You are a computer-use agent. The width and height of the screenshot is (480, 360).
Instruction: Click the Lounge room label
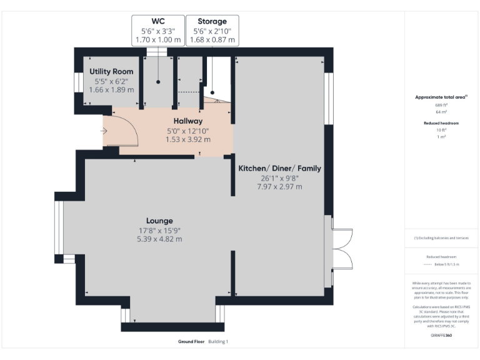point(160,221)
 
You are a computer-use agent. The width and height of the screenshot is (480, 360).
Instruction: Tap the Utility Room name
point(111,72)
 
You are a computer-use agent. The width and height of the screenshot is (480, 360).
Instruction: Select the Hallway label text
point(188,121)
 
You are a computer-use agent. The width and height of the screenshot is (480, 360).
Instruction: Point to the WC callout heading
point(158,21)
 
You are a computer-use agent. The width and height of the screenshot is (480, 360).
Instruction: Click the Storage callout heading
point(212,21)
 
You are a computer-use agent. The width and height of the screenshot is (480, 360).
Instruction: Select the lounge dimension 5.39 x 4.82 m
point(160,239)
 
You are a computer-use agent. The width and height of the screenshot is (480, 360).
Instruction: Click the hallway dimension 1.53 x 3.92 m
point(188,139)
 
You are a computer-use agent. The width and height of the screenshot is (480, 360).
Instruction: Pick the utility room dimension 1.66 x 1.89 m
point(111,90)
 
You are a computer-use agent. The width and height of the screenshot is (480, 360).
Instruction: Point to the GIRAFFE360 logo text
point(441,336)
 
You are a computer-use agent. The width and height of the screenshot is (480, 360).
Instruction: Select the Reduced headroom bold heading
point(441,123)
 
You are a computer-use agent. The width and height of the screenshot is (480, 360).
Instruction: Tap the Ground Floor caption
point(191,342)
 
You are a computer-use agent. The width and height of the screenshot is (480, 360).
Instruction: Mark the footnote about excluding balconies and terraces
point(441,238)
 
